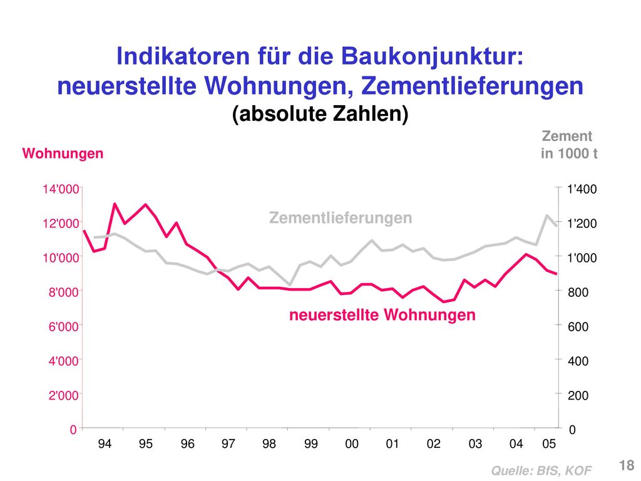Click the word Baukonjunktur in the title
tap(432, 56)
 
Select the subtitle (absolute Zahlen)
tap(320, 114)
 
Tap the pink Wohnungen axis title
tap(63, 153)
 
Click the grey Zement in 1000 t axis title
tap(569, 145)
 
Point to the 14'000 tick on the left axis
tap(61, 189)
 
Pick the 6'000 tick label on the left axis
tap(63, 326)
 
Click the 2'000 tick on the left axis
tap(63, 395)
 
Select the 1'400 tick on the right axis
tap(582, 189)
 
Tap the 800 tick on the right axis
tap(578, 292)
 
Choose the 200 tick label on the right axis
tap(578, 395)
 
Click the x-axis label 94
tap(105, 444)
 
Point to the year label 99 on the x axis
tap(310, 444)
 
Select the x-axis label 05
tap(549, 444)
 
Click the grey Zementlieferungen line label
tap(341, 217)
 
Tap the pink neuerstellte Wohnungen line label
tap(382, 315)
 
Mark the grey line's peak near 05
tap(546, 215)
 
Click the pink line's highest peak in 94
tap(115, 204)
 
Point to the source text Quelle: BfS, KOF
tap(541, 471)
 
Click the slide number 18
tap(627, 465)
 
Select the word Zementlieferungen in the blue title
tap(472, 86)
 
